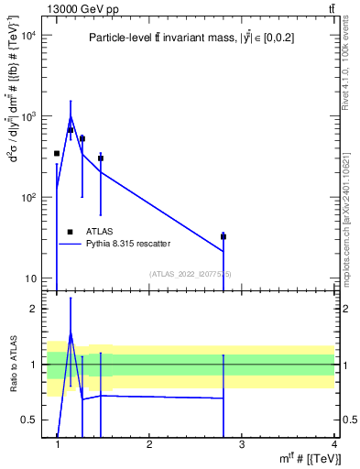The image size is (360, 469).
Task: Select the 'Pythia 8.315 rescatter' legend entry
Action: [x=126, y=245]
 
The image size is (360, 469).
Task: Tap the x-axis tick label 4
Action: [x=333, y=444]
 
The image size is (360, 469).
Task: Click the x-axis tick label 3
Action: [x=242, y=444]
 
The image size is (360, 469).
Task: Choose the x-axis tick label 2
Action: [x=149, y=444]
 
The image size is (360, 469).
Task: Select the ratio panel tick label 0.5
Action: [x=30, y=420]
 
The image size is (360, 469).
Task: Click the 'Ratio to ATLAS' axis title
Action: [x=13, y=365]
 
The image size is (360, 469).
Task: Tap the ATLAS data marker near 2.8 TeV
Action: [x=224, y=236]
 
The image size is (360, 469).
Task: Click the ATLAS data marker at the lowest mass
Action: [x=57, y=153]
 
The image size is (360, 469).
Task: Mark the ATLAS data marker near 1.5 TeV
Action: [x=101, y=158]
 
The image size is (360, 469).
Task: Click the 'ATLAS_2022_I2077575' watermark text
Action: [x=191, y=274]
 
